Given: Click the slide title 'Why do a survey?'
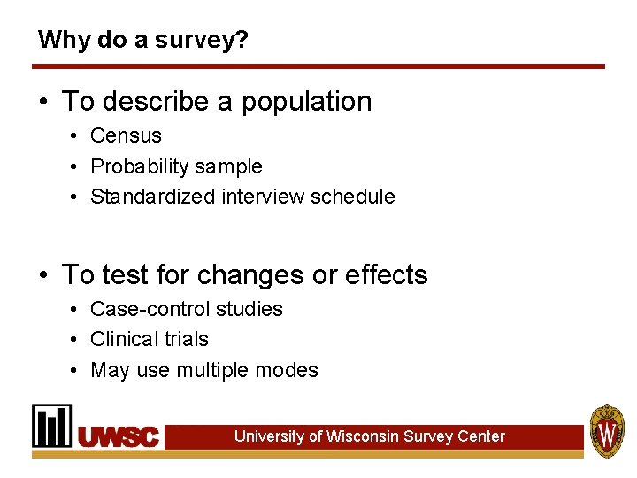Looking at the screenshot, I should pos(142,40).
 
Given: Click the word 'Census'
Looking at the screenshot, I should pos(127,135).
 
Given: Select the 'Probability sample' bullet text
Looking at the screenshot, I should pos(176,166).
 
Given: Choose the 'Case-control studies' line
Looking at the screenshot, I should pos(187,309).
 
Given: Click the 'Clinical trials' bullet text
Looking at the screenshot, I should pos(150,339).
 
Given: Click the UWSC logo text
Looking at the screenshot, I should pos(119,436).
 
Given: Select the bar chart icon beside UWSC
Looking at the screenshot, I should pos(52,426).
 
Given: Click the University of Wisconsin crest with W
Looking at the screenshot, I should pos(607,430).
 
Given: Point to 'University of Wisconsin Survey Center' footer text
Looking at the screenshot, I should pos(369,436).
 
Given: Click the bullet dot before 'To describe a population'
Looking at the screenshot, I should pos(43,103).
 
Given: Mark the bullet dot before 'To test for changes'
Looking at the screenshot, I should pos(43,276).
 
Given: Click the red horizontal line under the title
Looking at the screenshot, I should pos(318,66).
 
